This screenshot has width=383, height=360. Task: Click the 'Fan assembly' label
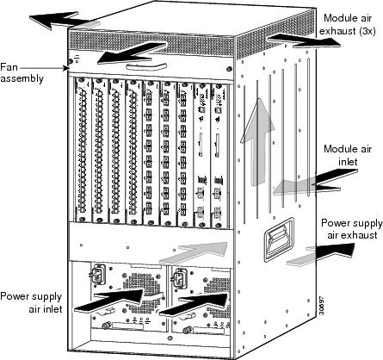tap(22, 73)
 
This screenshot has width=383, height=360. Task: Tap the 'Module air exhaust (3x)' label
tap(348, 24)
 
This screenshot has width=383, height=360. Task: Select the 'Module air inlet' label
tap(348, 155)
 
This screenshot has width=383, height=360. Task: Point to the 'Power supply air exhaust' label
tap(352, 229)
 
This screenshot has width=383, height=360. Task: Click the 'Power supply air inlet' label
tap(31, 302)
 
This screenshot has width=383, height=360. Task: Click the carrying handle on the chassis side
tap(279, 239)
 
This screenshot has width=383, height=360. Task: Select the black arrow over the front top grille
tap(132, 53)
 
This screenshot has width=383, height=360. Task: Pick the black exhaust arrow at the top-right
tap(304, 40)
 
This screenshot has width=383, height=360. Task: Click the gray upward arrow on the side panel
tap(257, 142)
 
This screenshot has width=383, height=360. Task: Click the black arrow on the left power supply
tap(109, 301)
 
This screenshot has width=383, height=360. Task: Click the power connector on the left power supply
tap(98, 275)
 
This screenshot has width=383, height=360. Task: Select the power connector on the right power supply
tap(179, 279)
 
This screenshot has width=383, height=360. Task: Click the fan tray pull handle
tap(146, 67)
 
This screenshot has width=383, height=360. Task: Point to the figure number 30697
tap(322, 306)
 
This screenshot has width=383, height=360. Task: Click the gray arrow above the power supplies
tap(194, 253)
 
